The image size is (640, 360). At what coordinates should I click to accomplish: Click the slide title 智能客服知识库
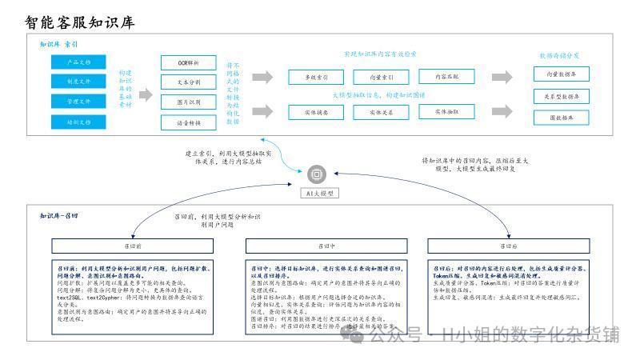[80, 22]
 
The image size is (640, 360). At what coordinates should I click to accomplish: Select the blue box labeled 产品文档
[78, 62]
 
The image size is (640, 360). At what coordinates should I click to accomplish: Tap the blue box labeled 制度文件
[78, 82]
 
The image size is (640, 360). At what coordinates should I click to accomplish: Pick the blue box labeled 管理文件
[78, 102]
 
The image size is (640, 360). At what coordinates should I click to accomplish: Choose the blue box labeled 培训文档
[78, 122]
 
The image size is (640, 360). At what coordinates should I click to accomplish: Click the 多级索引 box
[315, 78]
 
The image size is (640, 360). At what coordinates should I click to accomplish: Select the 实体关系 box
[381, 112]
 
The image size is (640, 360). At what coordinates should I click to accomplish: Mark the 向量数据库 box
[562, 74]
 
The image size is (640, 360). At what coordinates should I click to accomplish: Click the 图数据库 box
[562, 118]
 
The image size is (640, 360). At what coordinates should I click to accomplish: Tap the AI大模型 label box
[318, 193]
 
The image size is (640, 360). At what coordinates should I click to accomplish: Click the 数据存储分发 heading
[559, 55]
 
